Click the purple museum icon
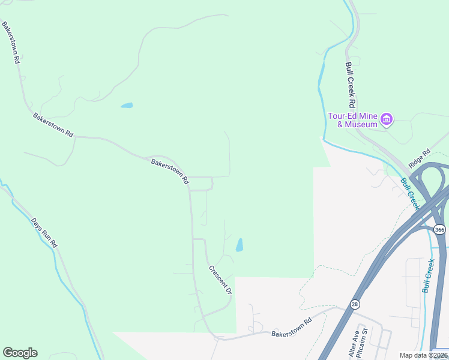387,119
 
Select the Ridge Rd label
420,158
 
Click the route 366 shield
440,229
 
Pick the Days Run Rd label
44,232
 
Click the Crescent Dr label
220,280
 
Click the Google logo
20,353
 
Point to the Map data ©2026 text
424,355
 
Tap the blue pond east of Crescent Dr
240,245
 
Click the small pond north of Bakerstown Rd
127,106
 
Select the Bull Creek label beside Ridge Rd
409,193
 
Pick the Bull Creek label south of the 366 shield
428,275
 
